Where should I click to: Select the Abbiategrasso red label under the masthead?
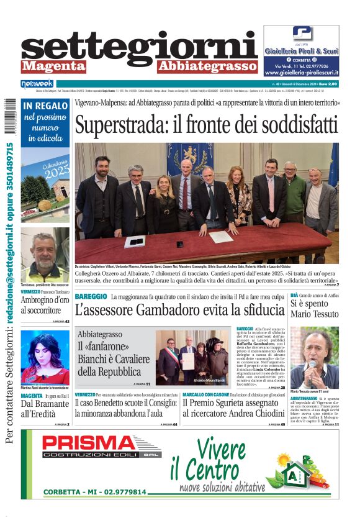[206, 66]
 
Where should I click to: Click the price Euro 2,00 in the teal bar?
[326, 83]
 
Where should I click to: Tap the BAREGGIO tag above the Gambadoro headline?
[91, 297]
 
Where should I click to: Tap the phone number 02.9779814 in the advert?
[124, 492]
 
